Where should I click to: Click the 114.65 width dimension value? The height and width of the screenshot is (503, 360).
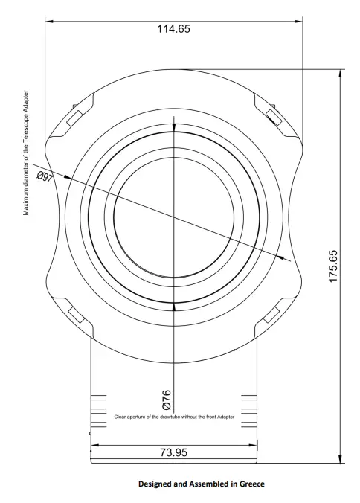coord(173,29)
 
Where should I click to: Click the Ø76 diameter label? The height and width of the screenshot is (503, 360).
coord(167,396)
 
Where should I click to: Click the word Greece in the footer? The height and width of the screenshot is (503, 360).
coord(249,484)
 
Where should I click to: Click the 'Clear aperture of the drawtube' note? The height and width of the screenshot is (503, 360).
coord(175,417)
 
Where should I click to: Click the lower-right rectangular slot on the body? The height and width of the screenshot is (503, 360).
coord(273,313)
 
